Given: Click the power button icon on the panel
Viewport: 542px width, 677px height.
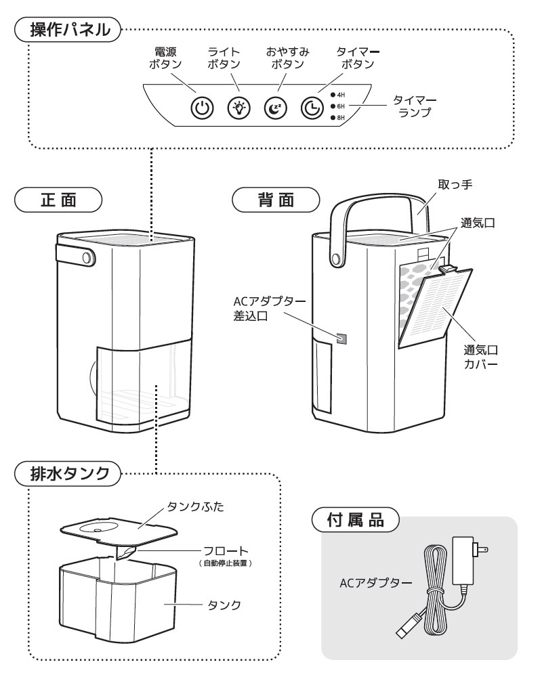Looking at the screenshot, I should click(x=203, y=107).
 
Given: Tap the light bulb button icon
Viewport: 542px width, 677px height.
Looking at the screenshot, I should click(x=239, y=107).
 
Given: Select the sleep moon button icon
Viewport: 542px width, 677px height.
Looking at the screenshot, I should click(x=276, y=107).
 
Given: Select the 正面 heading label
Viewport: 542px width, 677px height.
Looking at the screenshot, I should click(x=58, y=201).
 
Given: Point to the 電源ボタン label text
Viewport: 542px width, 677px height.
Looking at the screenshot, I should click(x=161, y=58).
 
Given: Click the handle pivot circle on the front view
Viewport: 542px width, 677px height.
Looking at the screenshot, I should click(x=87, y=258).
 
